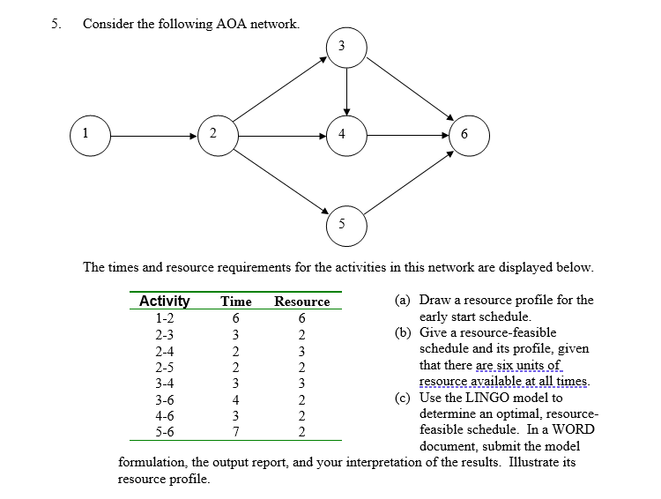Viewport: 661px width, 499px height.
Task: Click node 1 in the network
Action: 86,135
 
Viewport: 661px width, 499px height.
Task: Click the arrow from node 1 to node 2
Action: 150,136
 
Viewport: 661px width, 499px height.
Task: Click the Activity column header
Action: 165,302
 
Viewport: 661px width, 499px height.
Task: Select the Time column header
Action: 235,302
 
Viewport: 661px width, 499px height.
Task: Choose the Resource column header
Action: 301,302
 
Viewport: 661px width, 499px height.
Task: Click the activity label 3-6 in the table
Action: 164,399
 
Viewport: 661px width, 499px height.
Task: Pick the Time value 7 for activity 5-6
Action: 235,431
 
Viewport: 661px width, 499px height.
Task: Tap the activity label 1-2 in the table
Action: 164,318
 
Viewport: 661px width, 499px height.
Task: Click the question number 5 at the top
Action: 55,24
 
